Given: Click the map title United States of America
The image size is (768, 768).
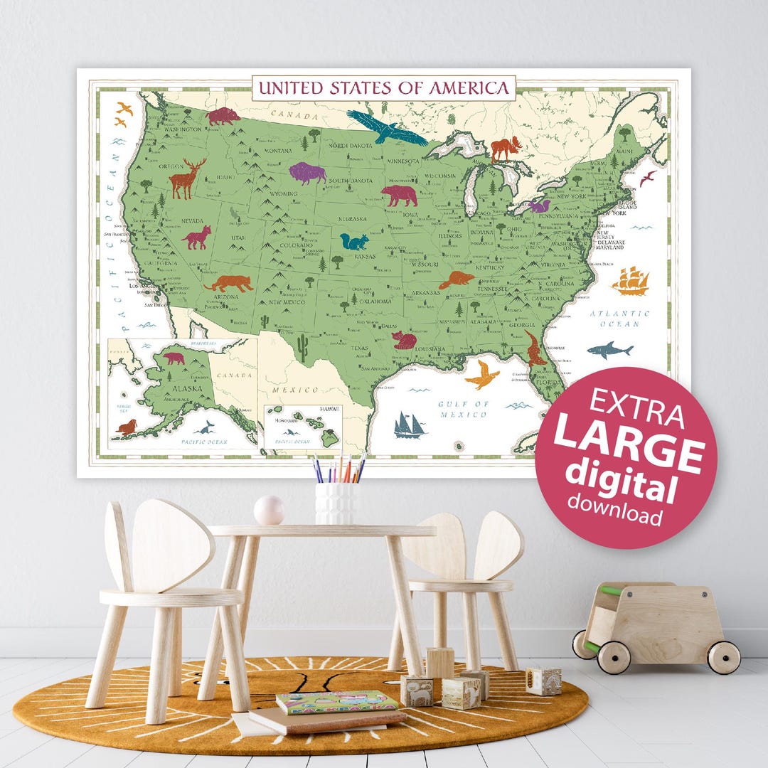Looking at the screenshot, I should coord(383,87).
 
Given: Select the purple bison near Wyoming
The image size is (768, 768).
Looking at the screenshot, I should coord(306,173).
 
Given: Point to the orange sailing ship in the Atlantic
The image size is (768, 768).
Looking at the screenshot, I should coord(630,281).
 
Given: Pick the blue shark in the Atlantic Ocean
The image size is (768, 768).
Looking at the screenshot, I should coord(610,350).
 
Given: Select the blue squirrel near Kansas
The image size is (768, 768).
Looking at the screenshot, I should coord(353,242).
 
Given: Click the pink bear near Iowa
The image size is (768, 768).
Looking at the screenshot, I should coord(400,196).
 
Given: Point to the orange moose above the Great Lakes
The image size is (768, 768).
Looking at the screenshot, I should coord(506,149).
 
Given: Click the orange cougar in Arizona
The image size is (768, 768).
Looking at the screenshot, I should coord(229,284).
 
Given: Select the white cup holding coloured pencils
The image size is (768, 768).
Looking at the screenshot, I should coord(335,503).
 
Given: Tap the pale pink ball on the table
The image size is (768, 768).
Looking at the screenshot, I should coord(270,510).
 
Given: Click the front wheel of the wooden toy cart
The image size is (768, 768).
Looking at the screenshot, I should coord(613,657).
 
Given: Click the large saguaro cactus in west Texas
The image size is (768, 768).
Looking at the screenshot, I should coord(304,348).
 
